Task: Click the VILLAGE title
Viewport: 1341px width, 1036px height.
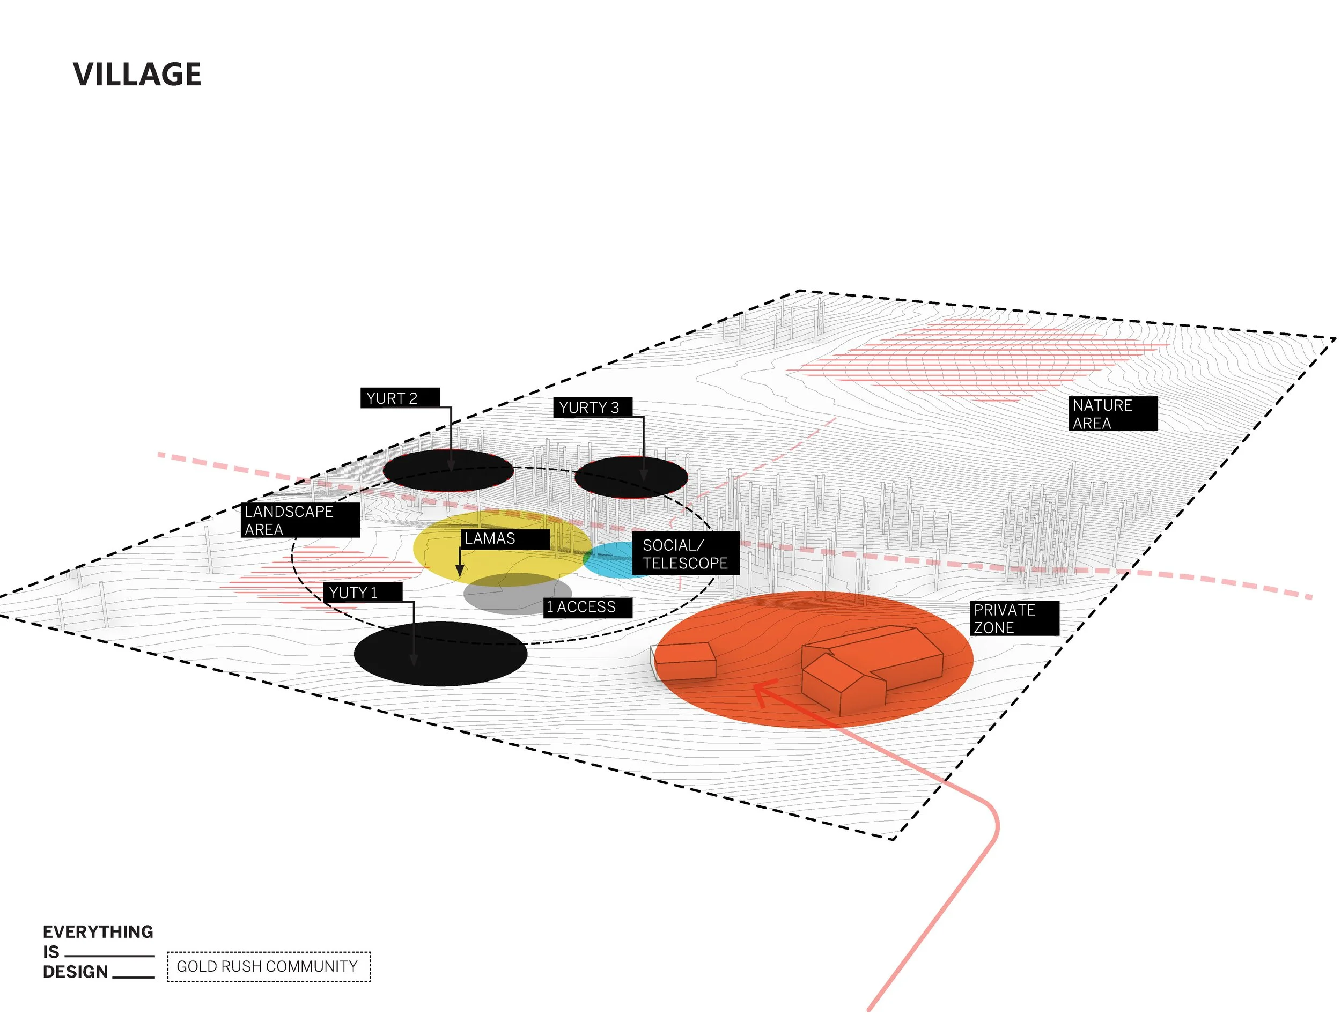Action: click(x=137, y=74)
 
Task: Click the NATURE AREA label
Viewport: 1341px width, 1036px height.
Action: click(x=1112, y=413)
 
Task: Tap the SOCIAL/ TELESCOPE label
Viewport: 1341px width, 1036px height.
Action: click(x=684, y=553)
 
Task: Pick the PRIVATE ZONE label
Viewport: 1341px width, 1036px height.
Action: click(x=1014, y=618)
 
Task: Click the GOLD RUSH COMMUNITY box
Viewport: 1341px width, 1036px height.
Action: click(x=268, y=967)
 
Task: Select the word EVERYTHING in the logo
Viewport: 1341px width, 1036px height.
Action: click(x=98, y=931)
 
